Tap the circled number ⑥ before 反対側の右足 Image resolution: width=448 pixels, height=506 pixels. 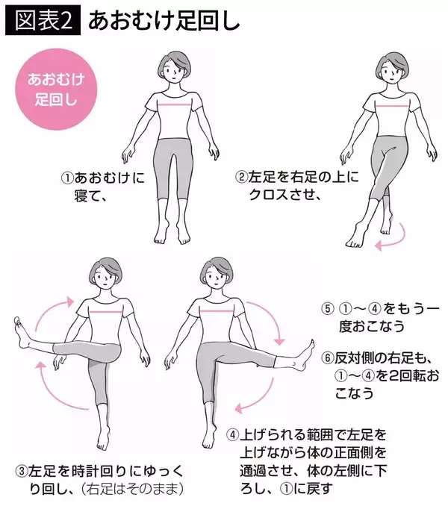[326, 357]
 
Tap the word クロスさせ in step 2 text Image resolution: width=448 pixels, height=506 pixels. [280, 196]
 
